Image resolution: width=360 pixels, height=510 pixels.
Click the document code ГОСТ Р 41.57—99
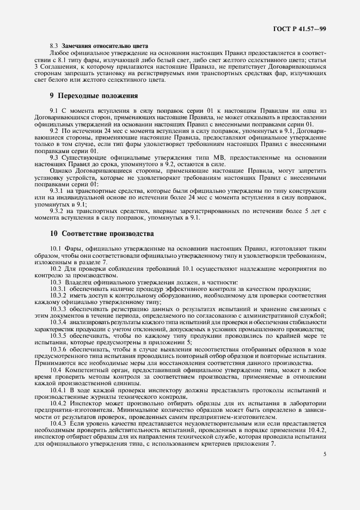point(301,27)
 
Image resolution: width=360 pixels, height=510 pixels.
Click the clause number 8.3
point(54,46)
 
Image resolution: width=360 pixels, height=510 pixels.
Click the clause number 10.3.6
point(59,349)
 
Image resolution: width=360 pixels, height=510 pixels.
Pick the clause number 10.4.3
point(59,423)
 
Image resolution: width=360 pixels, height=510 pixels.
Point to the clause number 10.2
point(56,269)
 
